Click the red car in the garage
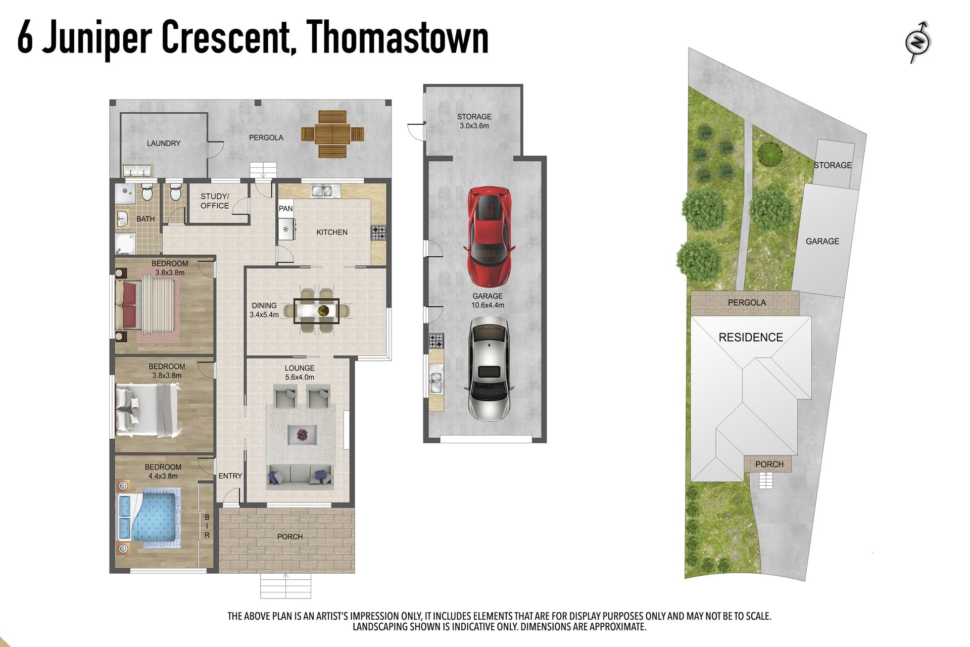[489, 236]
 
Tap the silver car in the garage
[489, 368]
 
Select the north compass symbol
[918, 42]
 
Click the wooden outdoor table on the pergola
[333, 134]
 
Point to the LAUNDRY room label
[164, 144]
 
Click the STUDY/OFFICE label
[215, 201]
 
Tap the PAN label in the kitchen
[285, 208]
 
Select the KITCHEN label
[332, 233]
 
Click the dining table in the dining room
[316, 310]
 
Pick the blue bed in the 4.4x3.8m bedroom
[150, 518]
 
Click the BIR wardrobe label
[207, 526]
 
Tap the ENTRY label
[230, 476]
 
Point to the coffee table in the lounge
[302, 434]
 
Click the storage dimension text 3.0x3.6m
[474, 126]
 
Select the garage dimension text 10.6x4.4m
[488, 305]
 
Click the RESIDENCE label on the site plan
[751, 338]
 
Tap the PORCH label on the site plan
[769, 465]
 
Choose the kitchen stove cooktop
[378, 233]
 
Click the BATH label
[145, 219]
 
